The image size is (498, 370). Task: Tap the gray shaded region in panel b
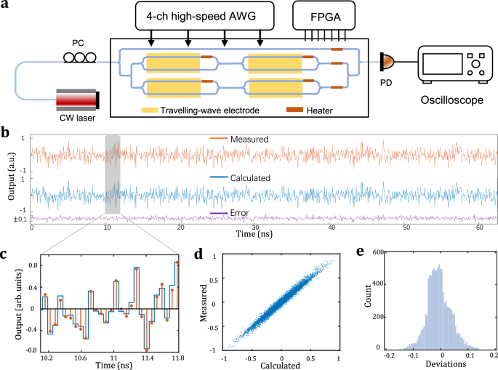112,174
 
